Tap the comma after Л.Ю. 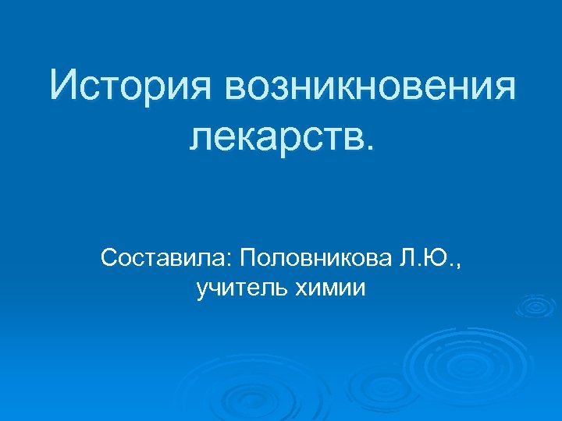coord(457,263)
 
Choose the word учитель coord(242,289)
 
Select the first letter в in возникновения coord(237,88)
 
